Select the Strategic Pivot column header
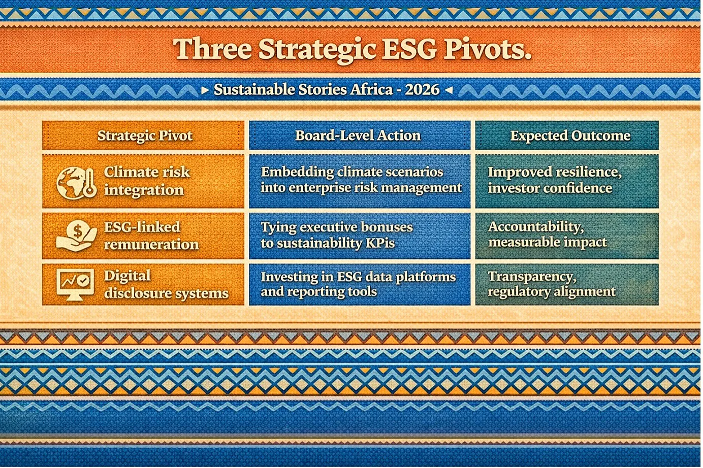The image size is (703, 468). [145, 136]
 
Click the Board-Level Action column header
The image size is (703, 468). [358, 136]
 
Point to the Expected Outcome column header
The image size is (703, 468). [570, 136]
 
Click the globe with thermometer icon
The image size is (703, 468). [76, 183]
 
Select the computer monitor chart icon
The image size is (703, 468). [75, 284]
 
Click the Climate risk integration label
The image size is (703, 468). [147, 181]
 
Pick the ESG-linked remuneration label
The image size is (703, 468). [151, 236]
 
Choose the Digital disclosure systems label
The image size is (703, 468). [166, 284]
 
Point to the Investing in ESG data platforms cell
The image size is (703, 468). [360, 284]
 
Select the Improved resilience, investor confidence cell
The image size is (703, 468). [567, 181]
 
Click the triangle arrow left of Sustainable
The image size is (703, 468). [205, 90]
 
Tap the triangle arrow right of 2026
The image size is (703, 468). [449, 90]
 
